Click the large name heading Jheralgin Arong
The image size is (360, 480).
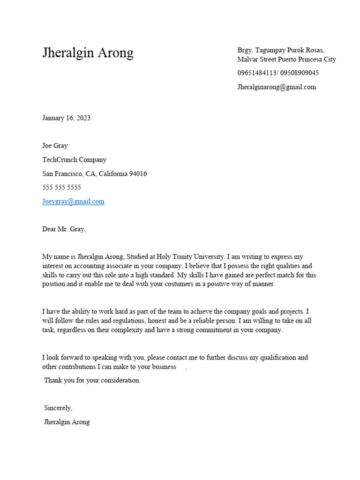click(88, 52)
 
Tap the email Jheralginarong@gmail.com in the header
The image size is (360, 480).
click(277, 87)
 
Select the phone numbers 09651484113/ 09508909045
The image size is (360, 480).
click(278, 73)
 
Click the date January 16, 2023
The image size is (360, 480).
click(66, 118)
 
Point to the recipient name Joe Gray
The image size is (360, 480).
click(55, 146)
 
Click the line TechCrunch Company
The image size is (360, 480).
click(74, 160)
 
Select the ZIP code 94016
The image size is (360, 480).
click(138, 174)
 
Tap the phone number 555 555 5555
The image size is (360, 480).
click(61, 187)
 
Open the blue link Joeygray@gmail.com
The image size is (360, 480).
click(73, 202)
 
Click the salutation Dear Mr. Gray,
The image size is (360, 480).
click(64, 229)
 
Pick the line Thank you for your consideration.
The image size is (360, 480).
click(92, 381)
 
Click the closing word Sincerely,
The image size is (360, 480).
click(58, 408)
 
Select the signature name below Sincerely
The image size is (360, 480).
click(67, 422)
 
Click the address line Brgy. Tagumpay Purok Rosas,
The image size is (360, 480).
click(280, 50)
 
